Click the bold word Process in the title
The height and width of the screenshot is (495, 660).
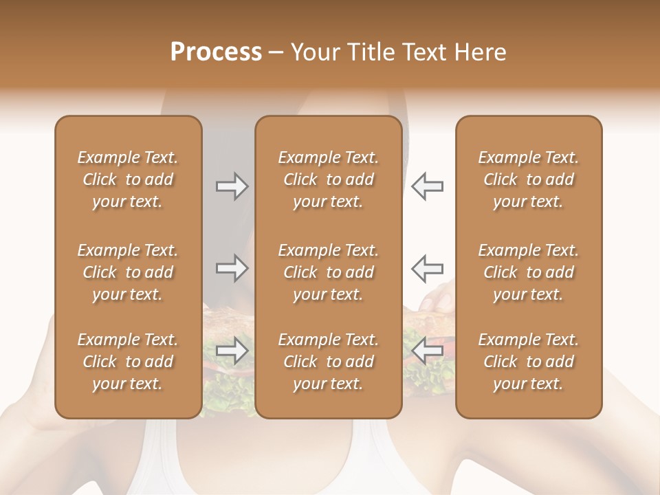coord(216,52)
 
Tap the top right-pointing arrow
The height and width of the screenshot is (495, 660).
coord(232,186)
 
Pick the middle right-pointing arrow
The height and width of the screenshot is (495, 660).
coord(232,268)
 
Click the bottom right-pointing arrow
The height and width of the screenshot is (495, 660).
coord(232,351)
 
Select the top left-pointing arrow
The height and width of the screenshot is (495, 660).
coord(428,186)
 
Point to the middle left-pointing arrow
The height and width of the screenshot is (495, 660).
coord(428,268)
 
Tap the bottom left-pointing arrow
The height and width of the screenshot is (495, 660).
coord(428,351)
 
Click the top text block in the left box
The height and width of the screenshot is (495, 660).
coord(128,179)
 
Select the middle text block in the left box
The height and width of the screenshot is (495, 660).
coord(128,272)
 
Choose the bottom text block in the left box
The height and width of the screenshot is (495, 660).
coord(128,362)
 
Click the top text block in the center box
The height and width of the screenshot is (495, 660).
coord(329,179)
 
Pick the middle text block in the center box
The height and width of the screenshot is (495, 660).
coord(329,272)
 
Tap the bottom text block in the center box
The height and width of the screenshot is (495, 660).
coord(329,362)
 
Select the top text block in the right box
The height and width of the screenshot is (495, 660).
coord(529,179)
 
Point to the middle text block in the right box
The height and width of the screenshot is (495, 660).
coord(529,272)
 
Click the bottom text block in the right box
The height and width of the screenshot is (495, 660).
coord(529,362)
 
